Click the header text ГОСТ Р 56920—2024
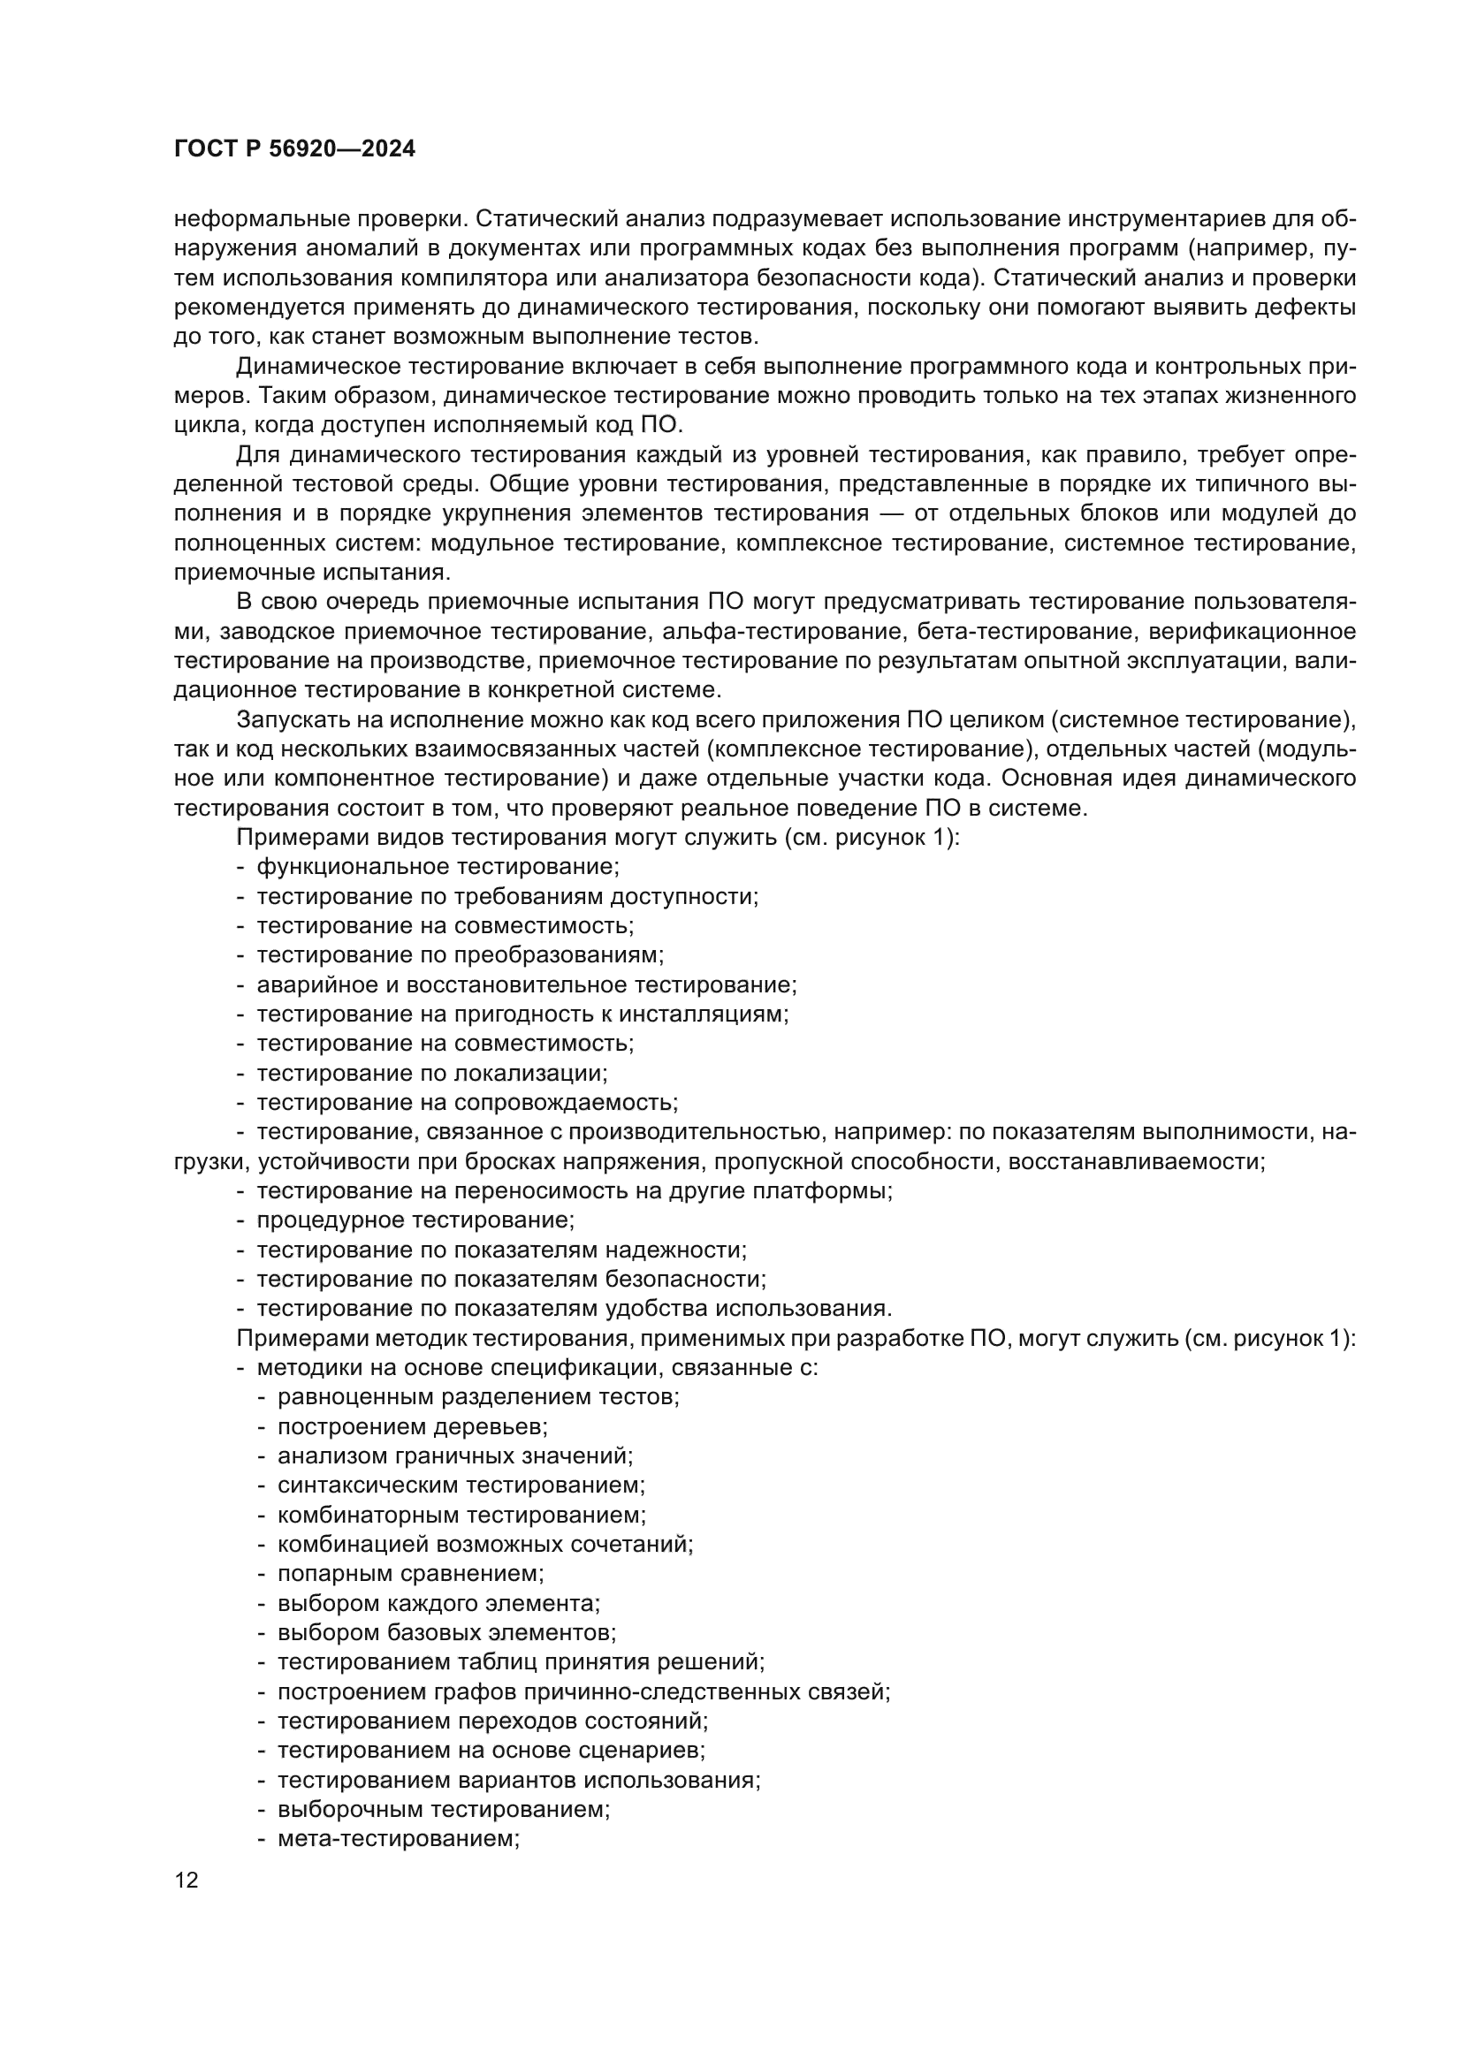pyautogui.click(x=294, y=149)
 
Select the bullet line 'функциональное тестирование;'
pyautogui.click(x=438, y=867)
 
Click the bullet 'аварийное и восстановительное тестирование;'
pyautogui.click(x=527, y=984)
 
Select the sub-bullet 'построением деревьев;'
pyautogui.click(x=412, y=1427)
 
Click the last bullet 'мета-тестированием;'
pyautogui.click(x=399, y=1839)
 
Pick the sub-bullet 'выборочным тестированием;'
pyautogui.click(x=443, y=1810)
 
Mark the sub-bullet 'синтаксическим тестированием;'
pyautogui.click(x=461, y=1486)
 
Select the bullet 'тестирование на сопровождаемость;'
pyautogui.click(x=468, y=1103)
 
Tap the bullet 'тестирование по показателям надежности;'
pyautogui.click(x=501, y=1250)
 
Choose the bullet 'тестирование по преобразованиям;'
pyautogui.click(x=460, y=955)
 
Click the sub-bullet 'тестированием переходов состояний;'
pyautogui.click(x=492, y=1721)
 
